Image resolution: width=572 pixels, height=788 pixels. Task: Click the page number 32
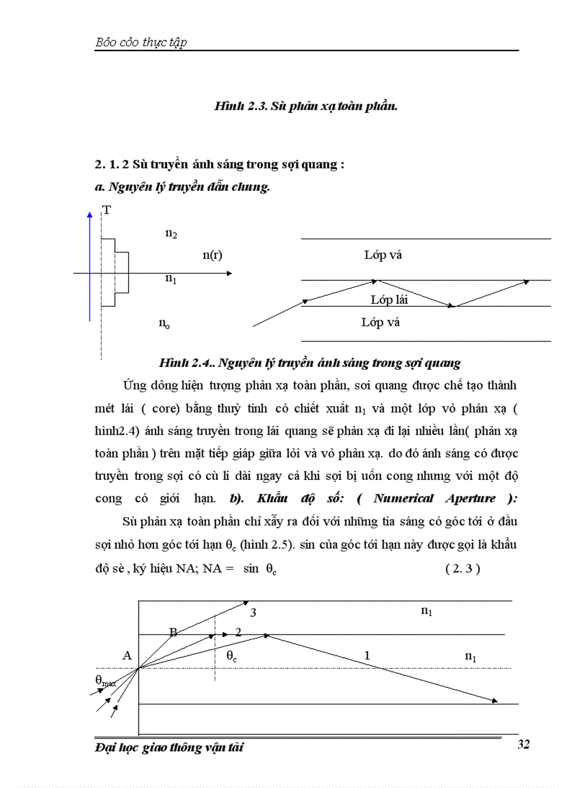tap(522, 744)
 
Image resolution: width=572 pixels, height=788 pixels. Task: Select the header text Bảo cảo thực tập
tap(140, 43)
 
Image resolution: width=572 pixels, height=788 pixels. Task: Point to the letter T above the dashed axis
tap(107, 209)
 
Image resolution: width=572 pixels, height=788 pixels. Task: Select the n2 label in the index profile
tap(171, 234)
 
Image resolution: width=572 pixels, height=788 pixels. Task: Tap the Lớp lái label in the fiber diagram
tap(389, 300)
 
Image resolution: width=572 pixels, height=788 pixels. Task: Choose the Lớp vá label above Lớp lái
tap(383, 255)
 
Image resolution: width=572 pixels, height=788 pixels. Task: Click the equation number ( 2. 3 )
tap(462, 569)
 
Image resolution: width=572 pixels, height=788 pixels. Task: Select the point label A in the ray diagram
tap(127, 655)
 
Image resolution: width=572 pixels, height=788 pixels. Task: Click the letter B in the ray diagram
tap(173, 632)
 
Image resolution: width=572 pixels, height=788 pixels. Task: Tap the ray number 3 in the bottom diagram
tap(253, 613)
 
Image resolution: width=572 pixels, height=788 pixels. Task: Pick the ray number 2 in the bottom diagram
tap(238, 632)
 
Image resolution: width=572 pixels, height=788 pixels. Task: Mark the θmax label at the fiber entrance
tap(105, 679)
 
